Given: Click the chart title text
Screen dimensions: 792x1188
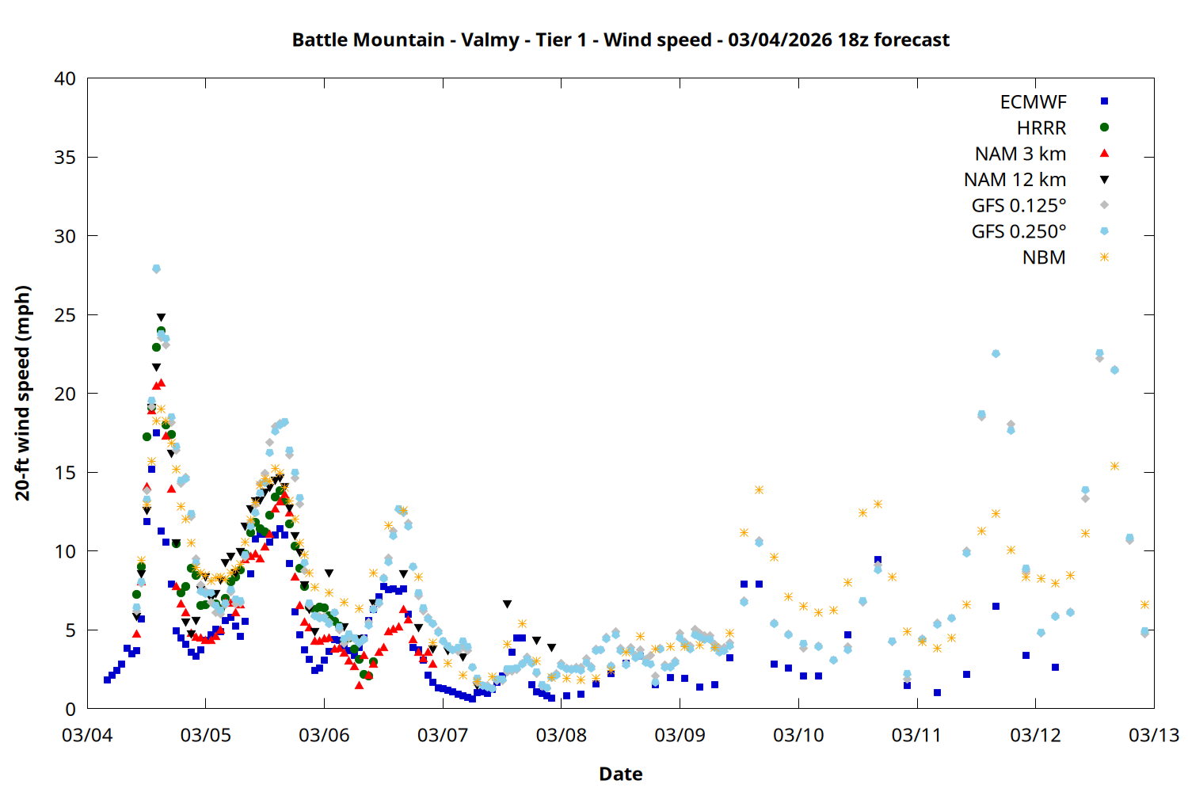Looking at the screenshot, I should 620,40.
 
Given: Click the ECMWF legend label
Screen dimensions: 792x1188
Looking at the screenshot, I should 1033,102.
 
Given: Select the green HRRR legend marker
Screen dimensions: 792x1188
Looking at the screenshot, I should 1104,128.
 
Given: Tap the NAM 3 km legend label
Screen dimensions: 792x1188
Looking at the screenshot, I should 1020,154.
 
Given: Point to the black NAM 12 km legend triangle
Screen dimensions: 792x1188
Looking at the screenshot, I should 1104,180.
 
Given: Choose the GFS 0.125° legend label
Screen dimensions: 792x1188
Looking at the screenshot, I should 1019,206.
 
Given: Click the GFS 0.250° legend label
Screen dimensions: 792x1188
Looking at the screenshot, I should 1019,232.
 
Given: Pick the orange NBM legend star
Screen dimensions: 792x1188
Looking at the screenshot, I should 1104,257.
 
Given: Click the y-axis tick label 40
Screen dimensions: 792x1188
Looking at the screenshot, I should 66,78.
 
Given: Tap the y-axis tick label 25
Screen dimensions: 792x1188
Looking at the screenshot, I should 66,315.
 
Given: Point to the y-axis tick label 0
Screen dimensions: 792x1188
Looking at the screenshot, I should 71,710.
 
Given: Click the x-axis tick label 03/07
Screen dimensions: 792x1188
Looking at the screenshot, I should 443,735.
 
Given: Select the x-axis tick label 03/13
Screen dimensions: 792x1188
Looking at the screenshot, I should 1154,735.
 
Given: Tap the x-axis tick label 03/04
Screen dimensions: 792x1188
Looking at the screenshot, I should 87,735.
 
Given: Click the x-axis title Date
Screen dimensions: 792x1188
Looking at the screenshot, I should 620,774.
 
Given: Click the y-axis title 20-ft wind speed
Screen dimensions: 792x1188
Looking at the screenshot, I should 23,393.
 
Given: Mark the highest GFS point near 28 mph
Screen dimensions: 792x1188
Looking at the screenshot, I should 156,268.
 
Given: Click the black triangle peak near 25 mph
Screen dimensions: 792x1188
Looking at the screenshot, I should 161,318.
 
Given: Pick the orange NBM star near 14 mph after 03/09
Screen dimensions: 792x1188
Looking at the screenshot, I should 759,489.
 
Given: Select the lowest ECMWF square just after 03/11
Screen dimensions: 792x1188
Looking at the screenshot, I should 937,692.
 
